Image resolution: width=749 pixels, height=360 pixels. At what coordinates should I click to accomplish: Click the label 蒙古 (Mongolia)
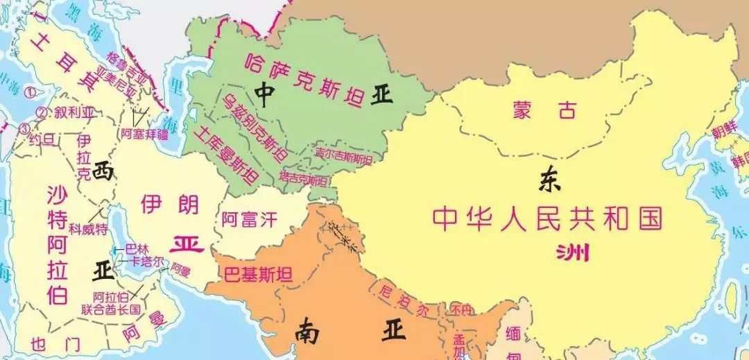(x=545, y=109)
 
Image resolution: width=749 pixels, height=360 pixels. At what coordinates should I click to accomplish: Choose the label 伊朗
(x=169, y=204)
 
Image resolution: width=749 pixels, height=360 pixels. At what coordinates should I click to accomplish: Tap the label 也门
(x=55, y=343)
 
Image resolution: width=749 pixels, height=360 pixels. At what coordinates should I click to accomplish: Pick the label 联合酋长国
(x=111, y=308)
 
